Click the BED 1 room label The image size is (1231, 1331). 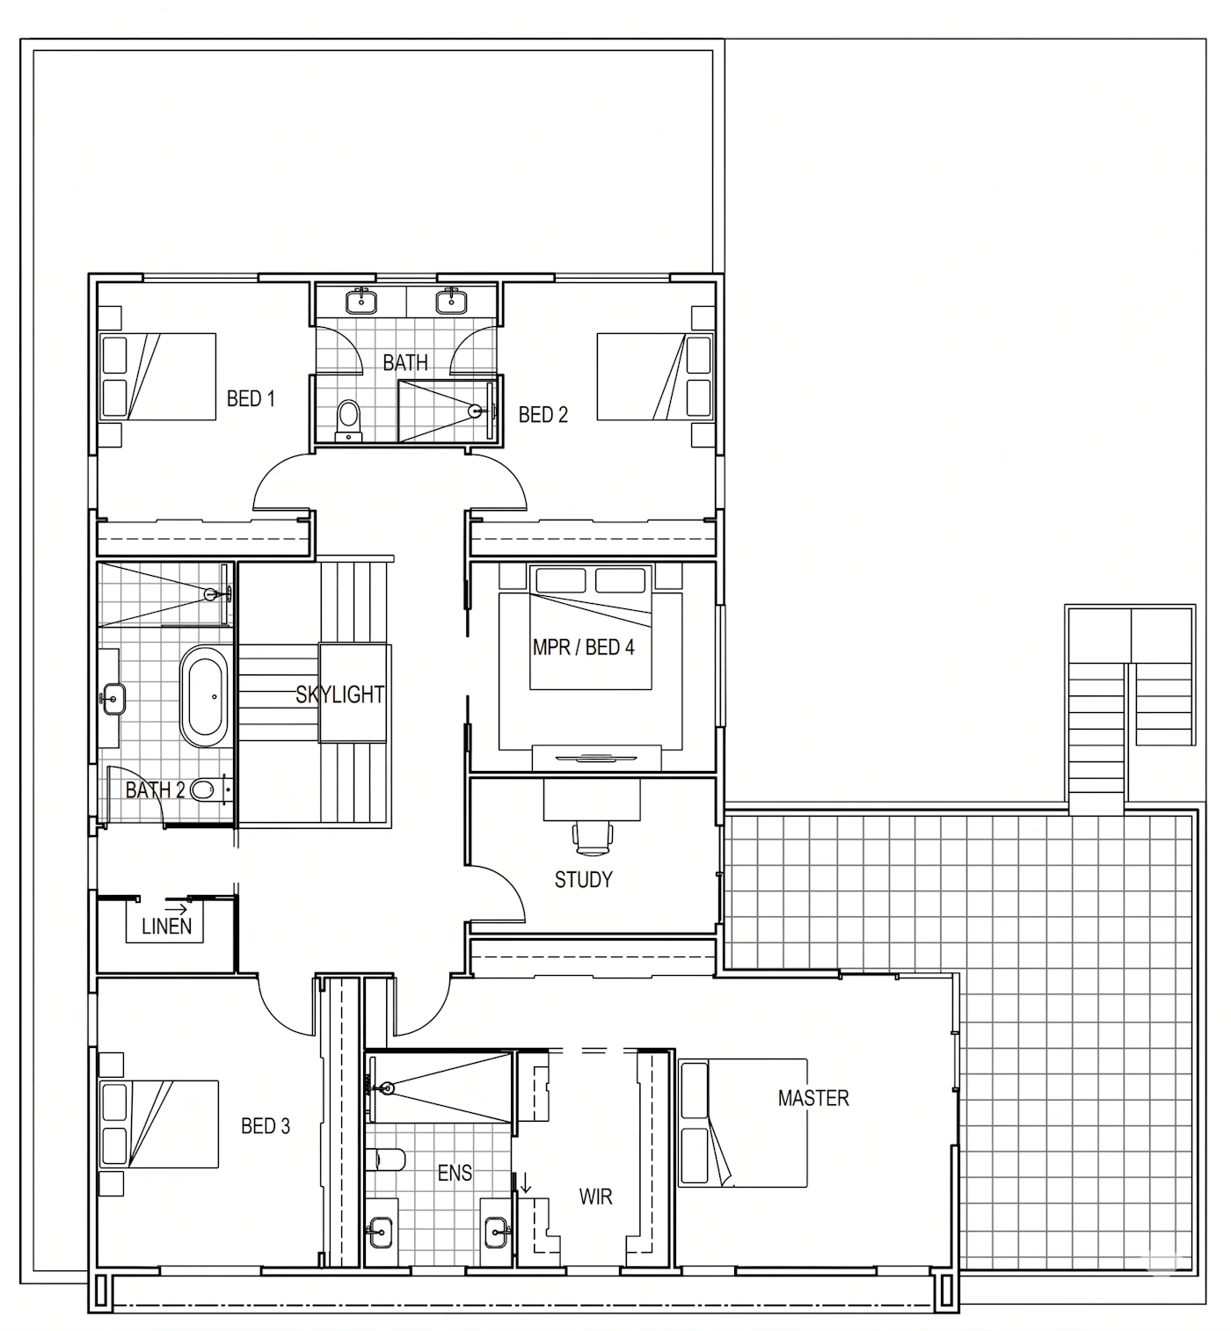(251, 399)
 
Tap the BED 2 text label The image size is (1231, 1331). (543, 415)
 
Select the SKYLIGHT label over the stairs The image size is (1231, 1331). (340, 695)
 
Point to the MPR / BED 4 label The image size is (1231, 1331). (583, 647)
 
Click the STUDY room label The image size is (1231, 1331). (583, 879)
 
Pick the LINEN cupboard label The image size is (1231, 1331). (166, 927)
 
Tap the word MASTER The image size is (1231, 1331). (813, 1098)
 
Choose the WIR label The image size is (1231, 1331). (595, 1196)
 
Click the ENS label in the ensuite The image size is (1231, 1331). (455, 1173)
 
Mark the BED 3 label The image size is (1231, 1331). (266, 1126)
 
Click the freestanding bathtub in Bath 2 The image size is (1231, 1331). (207, 695)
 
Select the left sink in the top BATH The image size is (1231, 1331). (361, 301)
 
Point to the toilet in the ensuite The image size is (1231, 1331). (385, 1159)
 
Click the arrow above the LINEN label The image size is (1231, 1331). (177, 909)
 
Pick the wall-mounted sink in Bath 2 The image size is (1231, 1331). (113, 698)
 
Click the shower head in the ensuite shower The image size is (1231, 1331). (385, 1089)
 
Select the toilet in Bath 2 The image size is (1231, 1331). (210, 790)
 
